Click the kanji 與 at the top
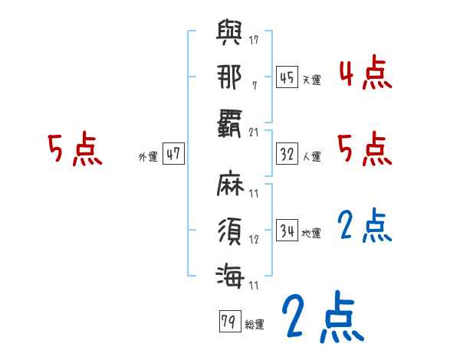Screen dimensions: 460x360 pyautogui.click(x=229, y=35)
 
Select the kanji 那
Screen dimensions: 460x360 pyautogui.click(x=229, y=77)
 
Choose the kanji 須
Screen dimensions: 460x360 pyautogui.click(x=229, y=228)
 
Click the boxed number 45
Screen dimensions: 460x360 pyautogui.click(x=287, y=77)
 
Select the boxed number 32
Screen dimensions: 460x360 pyautogui.click(x=287, y=153)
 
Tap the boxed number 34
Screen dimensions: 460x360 pyautogui.click(x=287, y=231)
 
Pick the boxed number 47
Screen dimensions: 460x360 pyautogui.click(x=174, y=153)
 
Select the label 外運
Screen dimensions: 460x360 pyautogui.click(x=147, y=156)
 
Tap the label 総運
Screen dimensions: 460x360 pyautogui.click(x=255, y=324)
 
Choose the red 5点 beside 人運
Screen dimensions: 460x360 pyautogui.click(x=364, y=149)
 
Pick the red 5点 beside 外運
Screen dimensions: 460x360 pyautogui.click(x=75, y=149)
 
